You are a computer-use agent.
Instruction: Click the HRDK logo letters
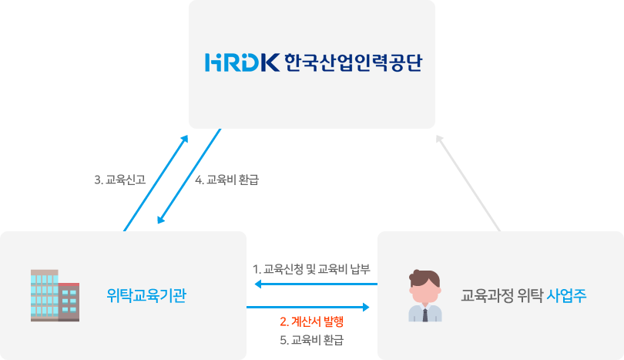[x=242, y=62]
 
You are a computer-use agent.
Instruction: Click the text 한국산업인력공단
[x=353, y=62]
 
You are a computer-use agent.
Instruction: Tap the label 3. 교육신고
[x=119, y=180]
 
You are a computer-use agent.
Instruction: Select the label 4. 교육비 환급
[x=226, y=180]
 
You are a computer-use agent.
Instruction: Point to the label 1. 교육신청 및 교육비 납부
[x=311, y=269]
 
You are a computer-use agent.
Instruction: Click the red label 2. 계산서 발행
[x=311, y=321]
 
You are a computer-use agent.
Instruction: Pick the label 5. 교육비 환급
[x=311, y=340]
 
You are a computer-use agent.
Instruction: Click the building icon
[x=55, y=295]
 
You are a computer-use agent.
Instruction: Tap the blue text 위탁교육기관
[x=146, y=295]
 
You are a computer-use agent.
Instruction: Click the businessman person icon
[x=425, y=295]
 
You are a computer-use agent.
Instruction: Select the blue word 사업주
[x=566, y=295]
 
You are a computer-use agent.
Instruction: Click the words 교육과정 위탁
[x=502, y=295]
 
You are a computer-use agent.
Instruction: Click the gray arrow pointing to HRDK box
[x=468, y=183]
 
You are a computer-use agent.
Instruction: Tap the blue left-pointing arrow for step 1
[x=316, y=284]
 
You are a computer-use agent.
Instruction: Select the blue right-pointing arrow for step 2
[x=308, y=307]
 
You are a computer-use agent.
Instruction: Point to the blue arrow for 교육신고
[x=156, y=183]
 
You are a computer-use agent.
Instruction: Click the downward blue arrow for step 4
[x=189, y=176]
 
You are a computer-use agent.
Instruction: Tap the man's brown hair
[x=425, y=278]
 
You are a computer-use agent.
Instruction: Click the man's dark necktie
[x=425, y=315]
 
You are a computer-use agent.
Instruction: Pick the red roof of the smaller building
[x=69, y=284]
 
